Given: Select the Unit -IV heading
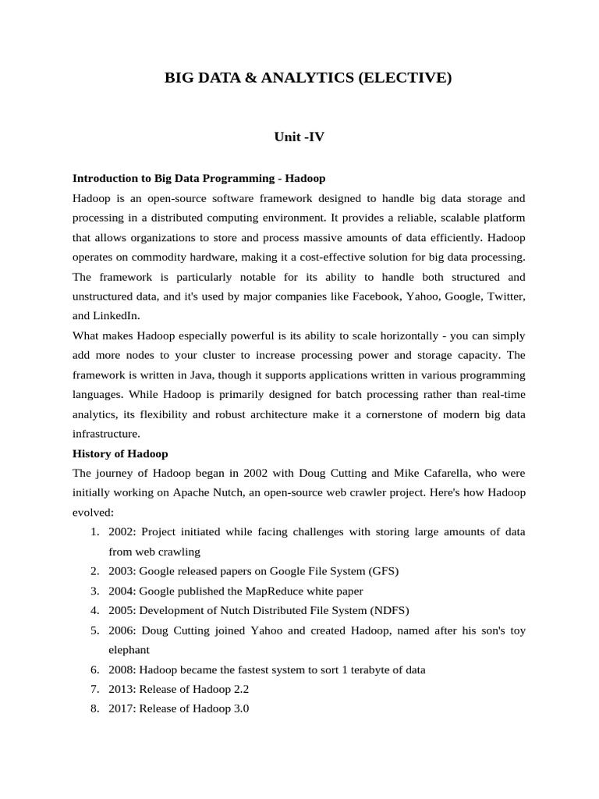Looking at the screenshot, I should [x=299, y=137].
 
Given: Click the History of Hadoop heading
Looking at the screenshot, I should [x=120, y=453].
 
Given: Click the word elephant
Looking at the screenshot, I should [x=129, y=649].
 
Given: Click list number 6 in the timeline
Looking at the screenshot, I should [x=94, y=669].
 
